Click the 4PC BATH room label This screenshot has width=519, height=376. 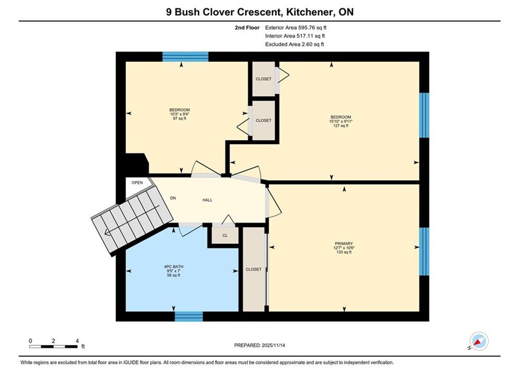tap(174, 267)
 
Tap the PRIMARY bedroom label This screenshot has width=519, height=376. tap(344, 243)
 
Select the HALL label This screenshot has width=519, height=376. tap(208, 200)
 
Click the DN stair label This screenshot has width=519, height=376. tap(173, 198)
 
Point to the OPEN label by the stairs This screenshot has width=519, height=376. tap(137, 183)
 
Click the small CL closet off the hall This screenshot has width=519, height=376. tap(225, 236)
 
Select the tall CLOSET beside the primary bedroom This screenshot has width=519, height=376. tap(254, 269)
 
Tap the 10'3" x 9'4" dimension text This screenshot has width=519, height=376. tap(179, 114)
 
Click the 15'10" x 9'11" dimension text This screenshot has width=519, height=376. tap(341, 122)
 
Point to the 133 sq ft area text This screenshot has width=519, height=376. tap(344, 252)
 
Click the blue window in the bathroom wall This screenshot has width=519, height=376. tap(189, 316)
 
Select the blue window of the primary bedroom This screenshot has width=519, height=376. tap(424, 251)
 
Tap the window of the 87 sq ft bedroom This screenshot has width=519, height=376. tap(185, 56)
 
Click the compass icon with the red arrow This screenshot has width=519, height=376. tap(479, 341)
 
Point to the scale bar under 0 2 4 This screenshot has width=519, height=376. tap(53, 347)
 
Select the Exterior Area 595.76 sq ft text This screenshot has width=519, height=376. tap(296, 28)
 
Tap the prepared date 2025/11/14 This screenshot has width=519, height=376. tap(273, 345)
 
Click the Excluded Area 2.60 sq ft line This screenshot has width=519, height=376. tap(295, 44)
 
